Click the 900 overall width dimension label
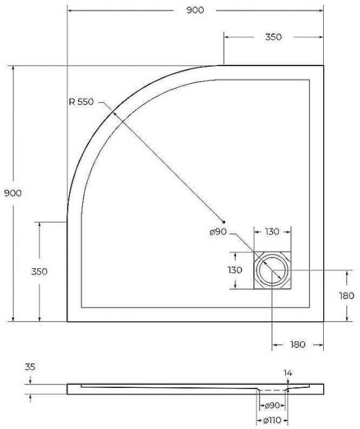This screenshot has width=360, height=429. click(x=194, y=10)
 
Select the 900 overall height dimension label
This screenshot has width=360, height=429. click(x=13, y=193)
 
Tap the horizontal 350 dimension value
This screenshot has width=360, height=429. click(x=274, y=37)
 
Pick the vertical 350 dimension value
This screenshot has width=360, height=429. click(x=39, y=271)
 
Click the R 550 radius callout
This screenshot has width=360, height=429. click(x=81, y=102)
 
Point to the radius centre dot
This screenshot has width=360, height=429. click(x=224, y=221)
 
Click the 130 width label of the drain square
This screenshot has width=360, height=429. click(x=272, y=232)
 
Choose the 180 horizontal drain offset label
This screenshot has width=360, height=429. click(x=297, y=345)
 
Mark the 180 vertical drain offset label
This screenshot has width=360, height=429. click(x=346, y=295)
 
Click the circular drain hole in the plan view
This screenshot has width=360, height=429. click(x=272, y=270)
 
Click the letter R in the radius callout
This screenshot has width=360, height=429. click(x=72, y=102)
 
